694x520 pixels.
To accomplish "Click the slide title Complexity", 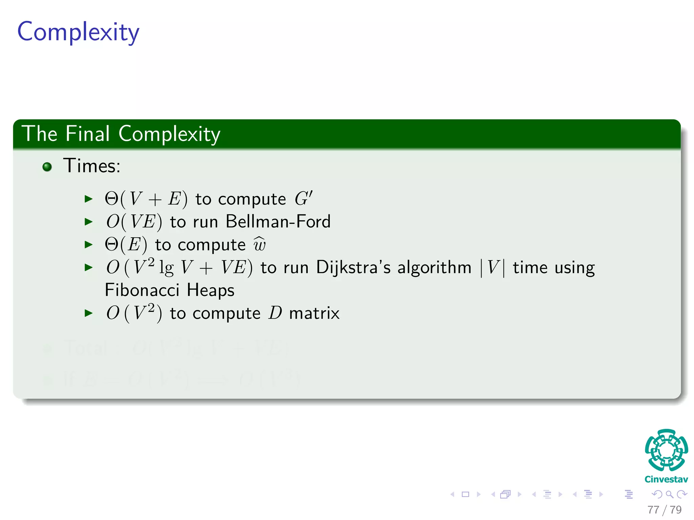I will click(78, 32).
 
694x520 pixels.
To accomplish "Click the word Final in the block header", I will click(87, 134).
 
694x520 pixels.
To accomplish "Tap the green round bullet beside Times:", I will click(47, 167).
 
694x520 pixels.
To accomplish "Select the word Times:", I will click(92, 166).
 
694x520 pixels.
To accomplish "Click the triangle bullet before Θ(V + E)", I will click(88, 199).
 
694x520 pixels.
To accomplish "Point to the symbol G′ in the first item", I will click(303, 198).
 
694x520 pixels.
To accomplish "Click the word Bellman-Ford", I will click(278, 222).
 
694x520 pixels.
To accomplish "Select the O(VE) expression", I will click(134, 222).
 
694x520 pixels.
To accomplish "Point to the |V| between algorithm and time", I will click(492, 267).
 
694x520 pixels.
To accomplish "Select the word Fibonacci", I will click(142, 290).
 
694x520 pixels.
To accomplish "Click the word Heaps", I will click(210, 290).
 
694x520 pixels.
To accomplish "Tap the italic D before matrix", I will click(275, 313).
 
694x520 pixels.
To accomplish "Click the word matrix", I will click(314, 313).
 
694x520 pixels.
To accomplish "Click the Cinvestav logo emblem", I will click(666, 450).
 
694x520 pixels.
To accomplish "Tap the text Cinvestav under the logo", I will click(666, 479).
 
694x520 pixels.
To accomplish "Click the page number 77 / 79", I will click(664, 510).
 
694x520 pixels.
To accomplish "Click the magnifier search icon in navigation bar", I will click(669, 494).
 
